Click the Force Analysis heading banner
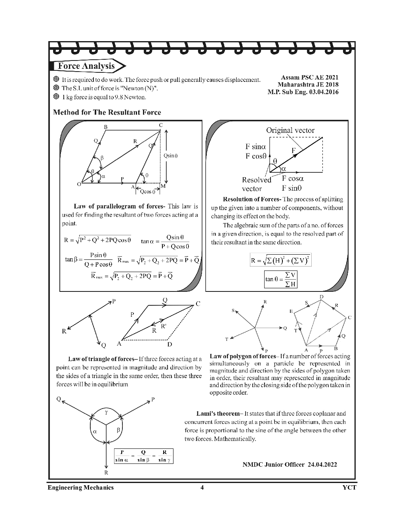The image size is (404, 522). click(86, 66)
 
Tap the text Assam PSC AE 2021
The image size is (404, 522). click(309, 78)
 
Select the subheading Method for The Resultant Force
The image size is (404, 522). click(107, 112)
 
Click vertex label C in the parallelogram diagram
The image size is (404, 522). click(161, 125)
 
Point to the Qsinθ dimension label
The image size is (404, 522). click(171, 156)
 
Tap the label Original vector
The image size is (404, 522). click(290, 130)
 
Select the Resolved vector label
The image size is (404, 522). click(256, 184)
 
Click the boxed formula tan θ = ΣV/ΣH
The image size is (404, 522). click(281, 279)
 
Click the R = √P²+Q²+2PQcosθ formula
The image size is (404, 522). click(97, 240)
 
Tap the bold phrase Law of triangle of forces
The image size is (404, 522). click(101, 359)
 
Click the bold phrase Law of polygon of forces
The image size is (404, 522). click(242, 356)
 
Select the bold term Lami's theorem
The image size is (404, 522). click(218, 414)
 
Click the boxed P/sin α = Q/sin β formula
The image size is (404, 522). click(143, 456)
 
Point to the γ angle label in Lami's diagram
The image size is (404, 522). click(106, 412)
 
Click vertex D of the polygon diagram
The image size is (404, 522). click(321, 297)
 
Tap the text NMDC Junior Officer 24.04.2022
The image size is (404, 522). click(290, 464)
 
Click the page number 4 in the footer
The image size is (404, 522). click(202, 487)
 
